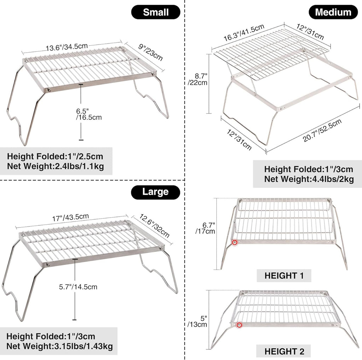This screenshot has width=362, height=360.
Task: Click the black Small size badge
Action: point(156,12)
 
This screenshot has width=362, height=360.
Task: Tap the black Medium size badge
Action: point(333,12)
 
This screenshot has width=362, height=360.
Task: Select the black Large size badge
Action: point(156,192)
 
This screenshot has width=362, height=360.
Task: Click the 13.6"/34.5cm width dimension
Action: point(67,47)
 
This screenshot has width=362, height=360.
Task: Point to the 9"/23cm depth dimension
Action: point(151,52)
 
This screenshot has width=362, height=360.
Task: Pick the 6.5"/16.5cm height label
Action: point(89,114)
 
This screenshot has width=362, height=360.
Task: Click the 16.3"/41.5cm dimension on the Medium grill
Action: point(244,33)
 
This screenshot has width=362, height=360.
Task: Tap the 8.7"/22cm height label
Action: point(197,79)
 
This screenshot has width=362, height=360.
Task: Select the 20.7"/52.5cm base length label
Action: point(322,131)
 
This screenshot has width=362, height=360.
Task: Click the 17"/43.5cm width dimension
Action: point(70,217)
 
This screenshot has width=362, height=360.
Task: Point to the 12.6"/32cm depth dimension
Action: point(154,226)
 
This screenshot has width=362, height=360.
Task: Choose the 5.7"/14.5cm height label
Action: point(78,287)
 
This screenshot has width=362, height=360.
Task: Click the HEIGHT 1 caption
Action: point(284,276)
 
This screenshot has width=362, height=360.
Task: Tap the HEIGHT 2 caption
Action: point(284,351)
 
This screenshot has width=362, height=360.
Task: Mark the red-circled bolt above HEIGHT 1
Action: point(235,242)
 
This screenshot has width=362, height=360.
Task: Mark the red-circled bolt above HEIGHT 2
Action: point(239,325)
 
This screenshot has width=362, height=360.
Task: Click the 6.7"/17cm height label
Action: point(205,228)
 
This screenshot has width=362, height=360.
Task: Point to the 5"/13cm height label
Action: point(197,321)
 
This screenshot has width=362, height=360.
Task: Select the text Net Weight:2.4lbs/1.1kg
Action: point(56,166)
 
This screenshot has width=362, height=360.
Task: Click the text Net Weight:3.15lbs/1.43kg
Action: point(59,346)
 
